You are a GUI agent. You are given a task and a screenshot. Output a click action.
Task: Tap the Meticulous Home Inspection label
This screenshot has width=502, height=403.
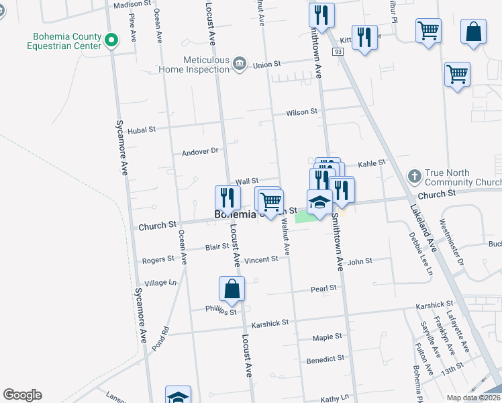pyautogui.click(x=195, y=64)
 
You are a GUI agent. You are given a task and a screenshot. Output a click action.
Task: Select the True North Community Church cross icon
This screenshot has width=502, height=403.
pyautogui.click(x=415, y=176)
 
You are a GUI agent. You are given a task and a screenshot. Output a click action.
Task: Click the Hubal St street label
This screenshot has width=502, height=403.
pyautogui.click(x=142, y=129)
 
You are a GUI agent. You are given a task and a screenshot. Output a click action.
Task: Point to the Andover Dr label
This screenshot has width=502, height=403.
pyautogui.click(x=201, y=152)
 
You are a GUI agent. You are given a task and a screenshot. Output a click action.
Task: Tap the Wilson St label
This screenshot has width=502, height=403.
pyautogui.click(x=301, y=112)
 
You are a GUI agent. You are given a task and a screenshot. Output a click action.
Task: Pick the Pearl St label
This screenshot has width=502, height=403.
pyautogui.click(x=323, y=288)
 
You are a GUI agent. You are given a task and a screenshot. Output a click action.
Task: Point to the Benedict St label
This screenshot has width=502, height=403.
pyautogui.click(x=325, y=359)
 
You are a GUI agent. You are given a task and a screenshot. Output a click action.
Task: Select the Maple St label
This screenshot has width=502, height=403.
pyautogui.click(x=328, y=337)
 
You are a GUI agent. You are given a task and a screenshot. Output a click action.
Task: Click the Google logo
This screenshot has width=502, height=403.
pyautogui.click(x=22, y=395)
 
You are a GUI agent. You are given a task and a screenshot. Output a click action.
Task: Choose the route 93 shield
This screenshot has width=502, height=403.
pyautogui.click(x=336, y=52)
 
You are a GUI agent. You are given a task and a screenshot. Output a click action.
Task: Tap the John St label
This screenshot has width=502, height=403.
pyautogui.click(x=360, y=261)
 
